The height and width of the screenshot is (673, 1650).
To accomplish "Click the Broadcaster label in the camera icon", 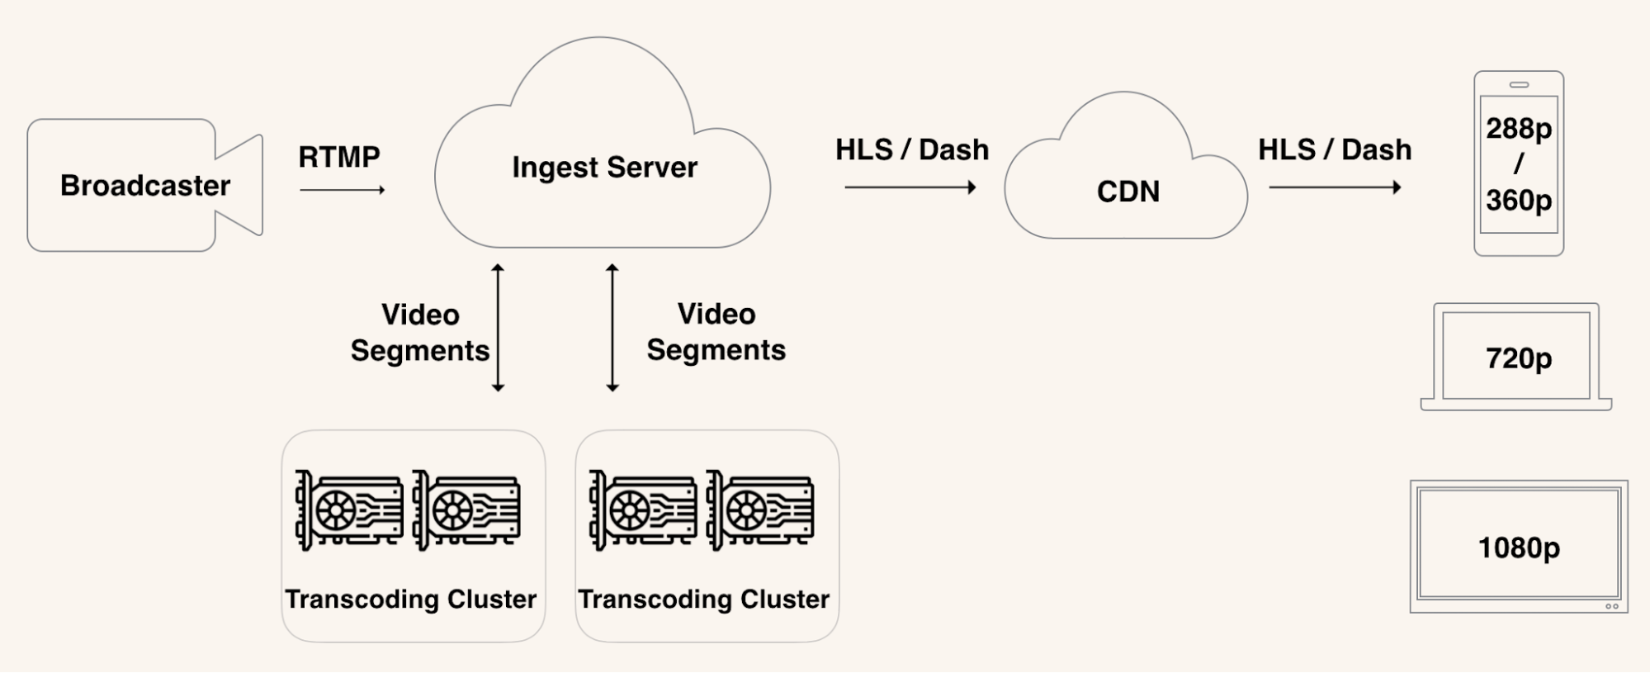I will pos(145,186).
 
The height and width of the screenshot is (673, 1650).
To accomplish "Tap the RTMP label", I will pos(339,157).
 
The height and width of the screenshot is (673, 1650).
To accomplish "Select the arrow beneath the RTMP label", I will pos(343,190).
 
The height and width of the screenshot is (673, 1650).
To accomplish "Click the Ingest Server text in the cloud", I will pos(604,168).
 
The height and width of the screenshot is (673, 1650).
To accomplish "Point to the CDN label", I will pos(1128,192).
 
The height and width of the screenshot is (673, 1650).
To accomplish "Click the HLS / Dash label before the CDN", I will pos(911,150).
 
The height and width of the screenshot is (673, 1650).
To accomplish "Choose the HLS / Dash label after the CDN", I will pos(1334,150).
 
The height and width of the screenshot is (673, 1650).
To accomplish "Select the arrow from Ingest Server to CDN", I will pos(910,187).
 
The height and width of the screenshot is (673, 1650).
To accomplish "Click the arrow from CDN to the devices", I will pos(1335,187).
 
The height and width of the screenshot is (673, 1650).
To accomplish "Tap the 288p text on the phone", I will pos(1519,129).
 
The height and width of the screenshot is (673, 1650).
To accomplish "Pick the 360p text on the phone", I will pos(1519,200).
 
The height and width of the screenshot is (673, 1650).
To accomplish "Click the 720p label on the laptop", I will pos(1519,358).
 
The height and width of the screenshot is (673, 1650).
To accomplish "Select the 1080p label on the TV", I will pos(1519,547).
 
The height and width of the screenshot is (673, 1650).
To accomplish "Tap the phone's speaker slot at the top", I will pos(1519,85).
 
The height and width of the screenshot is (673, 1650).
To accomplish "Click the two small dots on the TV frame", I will pos(1611,607).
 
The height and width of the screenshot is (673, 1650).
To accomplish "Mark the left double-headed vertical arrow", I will pos(498,328).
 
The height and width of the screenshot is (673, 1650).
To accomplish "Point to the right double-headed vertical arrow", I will pos(612,328).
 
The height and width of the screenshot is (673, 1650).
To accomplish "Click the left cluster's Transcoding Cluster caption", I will pos(411,599).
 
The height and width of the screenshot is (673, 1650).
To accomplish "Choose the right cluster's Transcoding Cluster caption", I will pos(703,599).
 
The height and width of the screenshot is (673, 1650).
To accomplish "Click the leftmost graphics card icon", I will pos(349,509).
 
